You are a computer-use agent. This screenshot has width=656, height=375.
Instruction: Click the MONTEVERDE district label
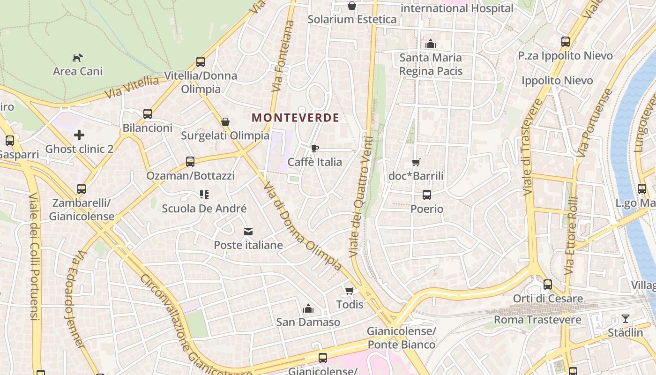click(295, 118)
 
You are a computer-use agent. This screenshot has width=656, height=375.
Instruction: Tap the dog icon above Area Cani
click(78, 58)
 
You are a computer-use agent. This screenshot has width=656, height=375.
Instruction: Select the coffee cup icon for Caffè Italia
click(315, 149)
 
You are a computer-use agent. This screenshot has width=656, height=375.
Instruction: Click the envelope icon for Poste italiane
click(248, 232)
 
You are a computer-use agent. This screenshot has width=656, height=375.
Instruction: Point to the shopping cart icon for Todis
click(349, 291)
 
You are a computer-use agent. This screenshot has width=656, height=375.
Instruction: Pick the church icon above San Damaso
click(308, 308)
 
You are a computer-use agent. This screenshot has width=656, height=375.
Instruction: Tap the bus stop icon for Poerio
click(427, 195)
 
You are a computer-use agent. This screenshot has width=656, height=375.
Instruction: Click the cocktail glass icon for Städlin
click(626, 319)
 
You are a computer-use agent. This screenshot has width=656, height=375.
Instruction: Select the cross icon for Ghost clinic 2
click(79, 135)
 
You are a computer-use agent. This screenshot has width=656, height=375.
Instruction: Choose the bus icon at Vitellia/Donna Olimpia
click(201, 62)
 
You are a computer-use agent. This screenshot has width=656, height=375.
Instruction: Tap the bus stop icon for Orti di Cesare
click(548, 285)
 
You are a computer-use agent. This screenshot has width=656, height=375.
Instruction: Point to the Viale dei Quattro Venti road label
click(361, 197)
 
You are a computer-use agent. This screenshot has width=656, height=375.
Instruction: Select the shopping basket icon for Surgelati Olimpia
click(225, 122)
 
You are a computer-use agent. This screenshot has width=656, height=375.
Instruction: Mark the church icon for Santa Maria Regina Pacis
click(431, 45)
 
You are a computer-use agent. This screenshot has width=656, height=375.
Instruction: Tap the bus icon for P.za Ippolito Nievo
click(566, 42)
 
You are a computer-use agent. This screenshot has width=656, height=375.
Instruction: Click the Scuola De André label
click(204, 209)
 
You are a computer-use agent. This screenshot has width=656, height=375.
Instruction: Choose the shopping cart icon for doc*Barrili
click(416, 163)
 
